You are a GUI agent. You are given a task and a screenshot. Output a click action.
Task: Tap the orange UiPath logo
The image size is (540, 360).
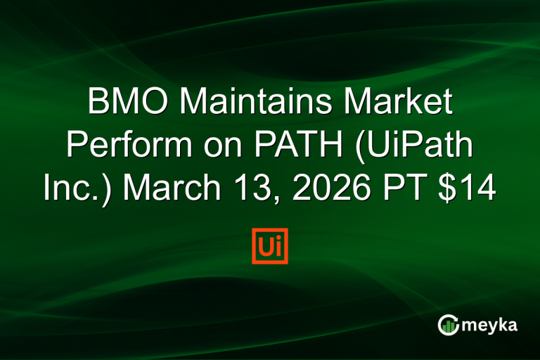269,245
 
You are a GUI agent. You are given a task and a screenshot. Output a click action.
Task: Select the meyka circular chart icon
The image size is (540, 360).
447,324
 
